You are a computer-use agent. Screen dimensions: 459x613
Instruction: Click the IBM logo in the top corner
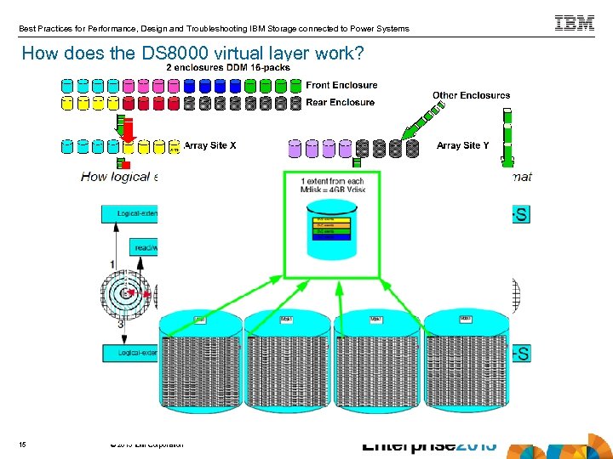coord(575,24)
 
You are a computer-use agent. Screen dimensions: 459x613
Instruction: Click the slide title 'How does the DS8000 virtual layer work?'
coord(192,54)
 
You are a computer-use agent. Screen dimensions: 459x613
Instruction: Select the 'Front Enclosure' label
coord(341,85)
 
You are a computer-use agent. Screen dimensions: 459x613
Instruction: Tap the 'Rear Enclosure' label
coord(340,102)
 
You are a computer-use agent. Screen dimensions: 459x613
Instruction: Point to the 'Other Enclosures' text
coord(471,95)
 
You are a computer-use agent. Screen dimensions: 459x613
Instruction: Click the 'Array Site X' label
coord(209,145)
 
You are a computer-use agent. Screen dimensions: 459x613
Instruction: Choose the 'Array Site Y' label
coord(462,145)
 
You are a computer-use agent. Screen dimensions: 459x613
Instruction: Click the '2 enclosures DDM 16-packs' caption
coord(228,67)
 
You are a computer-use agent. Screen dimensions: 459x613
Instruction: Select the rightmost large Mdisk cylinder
coord(465,353)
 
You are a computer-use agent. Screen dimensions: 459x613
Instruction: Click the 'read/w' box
coord(143,246)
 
